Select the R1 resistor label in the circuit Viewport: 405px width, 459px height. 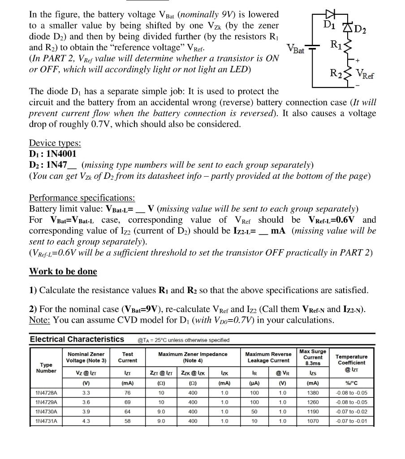coord(336,44)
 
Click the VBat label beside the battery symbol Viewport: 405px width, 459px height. coord(295,49)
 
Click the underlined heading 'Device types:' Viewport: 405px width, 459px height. coord(55,143)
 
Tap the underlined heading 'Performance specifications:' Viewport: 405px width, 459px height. coord(82,198)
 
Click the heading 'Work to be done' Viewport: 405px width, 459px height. coord(63,271)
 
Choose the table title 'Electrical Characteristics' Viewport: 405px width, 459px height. coord(77,339)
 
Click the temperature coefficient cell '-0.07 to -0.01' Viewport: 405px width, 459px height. coord(351,421)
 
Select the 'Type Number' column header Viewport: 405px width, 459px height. coord(46,368)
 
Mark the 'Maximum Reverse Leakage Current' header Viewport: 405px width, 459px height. coord(268,357)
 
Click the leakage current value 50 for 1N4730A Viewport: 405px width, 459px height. coord(254,411)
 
